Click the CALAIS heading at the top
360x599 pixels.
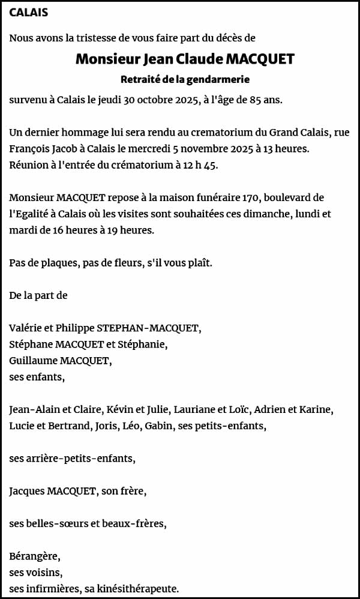(x=29, y=12)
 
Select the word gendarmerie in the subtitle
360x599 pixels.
(x=221, y=79)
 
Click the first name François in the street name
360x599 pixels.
(x=29, y=148)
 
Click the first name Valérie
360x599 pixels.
(x=25, y=328)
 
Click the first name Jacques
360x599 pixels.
(x=27, y=491)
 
